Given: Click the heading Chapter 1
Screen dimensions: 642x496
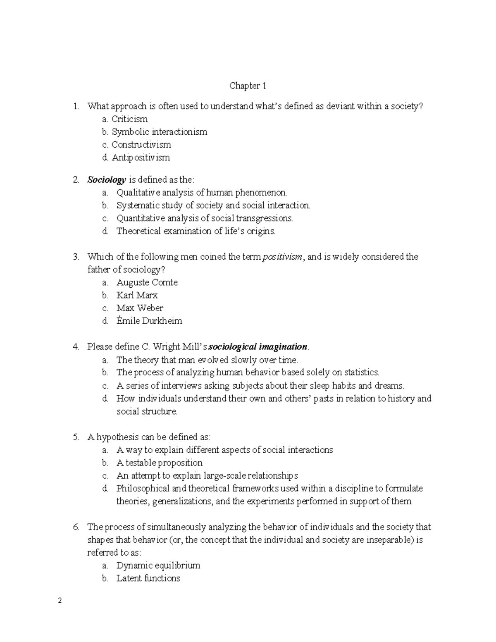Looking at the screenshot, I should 248,86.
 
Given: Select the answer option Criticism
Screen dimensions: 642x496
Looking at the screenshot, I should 129,119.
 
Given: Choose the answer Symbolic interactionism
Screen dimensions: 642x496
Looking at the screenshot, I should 159,132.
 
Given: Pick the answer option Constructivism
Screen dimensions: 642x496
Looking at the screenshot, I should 141,145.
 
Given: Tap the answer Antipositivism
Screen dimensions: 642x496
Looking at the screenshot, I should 141,158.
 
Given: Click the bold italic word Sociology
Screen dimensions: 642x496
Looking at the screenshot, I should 106,180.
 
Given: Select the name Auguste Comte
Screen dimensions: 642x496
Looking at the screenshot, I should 147,282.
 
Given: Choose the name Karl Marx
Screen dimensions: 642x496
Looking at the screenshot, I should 137,295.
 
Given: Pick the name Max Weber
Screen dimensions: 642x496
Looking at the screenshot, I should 140,308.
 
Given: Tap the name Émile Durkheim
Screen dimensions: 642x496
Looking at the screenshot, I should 149,321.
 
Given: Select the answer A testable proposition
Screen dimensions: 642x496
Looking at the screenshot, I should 160,463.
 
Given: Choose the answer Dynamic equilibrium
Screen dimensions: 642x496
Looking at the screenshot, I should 158,565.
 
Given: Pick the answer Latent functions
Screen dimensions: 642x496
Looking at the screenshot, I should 148,578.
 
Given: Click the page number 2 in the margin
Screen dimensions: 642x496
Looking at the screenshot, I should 60,601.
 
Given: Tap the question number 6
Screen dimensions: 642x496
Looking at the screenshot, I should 76,527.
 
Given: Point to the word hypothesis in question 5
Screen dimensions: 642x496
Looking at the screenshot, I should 117,437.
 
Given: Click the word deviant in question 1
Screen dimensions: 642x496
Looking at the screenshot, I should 341,106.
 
